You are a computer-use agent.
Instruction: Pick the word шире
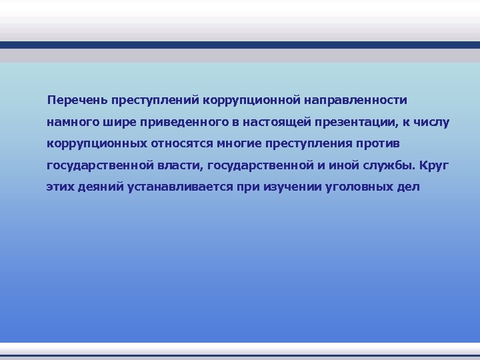(x=117, y=122)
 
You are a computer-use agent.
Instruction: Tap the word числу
(x=433, y=122)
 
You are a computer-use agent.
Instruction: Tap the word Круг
(x=434, y=165)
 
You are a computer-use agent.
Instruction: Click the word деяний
(x=97, y=186)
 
